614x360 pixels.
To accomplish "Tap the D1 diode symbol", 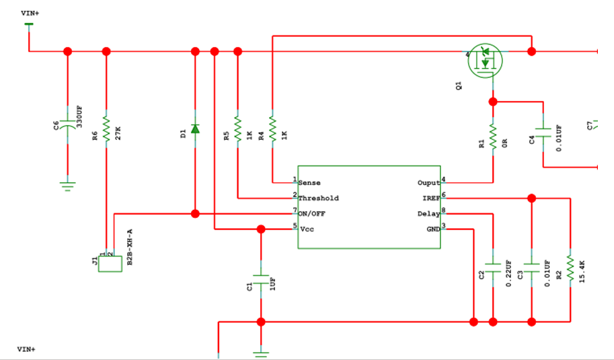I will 195,129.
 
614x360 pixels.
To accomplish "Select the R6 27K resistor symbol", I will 106,125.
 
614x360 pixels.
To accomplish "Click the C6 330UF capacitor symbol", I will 67,125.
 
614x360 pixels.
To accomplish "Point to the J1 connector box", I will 110,263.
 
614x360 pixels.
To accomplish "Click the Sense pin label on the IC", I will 309,183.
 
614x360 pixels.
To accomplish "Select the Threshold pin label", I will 318,199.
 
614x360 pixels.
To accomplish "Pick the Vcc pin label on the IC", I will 306,229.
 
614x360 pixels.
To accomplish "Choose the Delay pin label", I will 428,214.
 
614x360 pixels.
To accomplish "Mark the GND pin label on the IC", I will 432,229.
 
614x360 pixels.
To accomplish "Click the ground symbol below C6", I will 67,185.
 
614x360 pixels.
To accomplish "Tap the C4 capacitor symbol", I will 543,129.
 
